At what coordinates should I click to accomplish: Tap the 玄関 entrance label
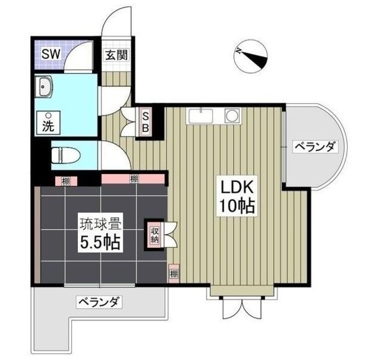coord(116,56)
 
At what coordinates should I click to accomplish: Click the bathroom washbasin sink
coord(45,88)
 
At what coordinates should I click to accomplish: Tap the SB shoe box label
coord(146,122)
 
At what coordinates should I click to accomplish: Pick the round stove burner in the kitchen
coord(233,116)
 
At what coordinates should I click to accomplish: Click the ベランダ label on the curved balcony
coord(314,146)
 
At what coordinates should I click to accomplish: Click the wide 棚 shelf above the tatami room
coord(134,178)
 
